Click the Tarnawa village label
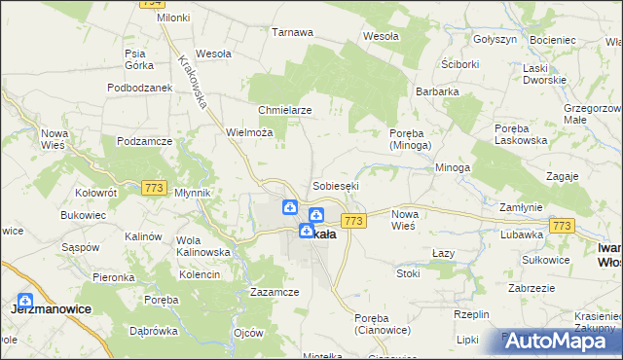tap(292, 32)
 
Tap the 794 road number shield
tap(150, 4)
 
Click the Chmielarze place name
tap(284, 110)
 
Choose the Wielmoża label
tap(247, 131)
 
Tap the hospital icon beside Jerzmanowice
tap(24, 302)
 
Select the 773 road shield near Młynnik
tap(154, 187)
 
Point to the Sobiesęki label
tap(336, 185)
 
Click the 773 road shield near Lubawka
tap(560, 226)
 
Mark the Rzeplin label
tap(472, 314)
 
